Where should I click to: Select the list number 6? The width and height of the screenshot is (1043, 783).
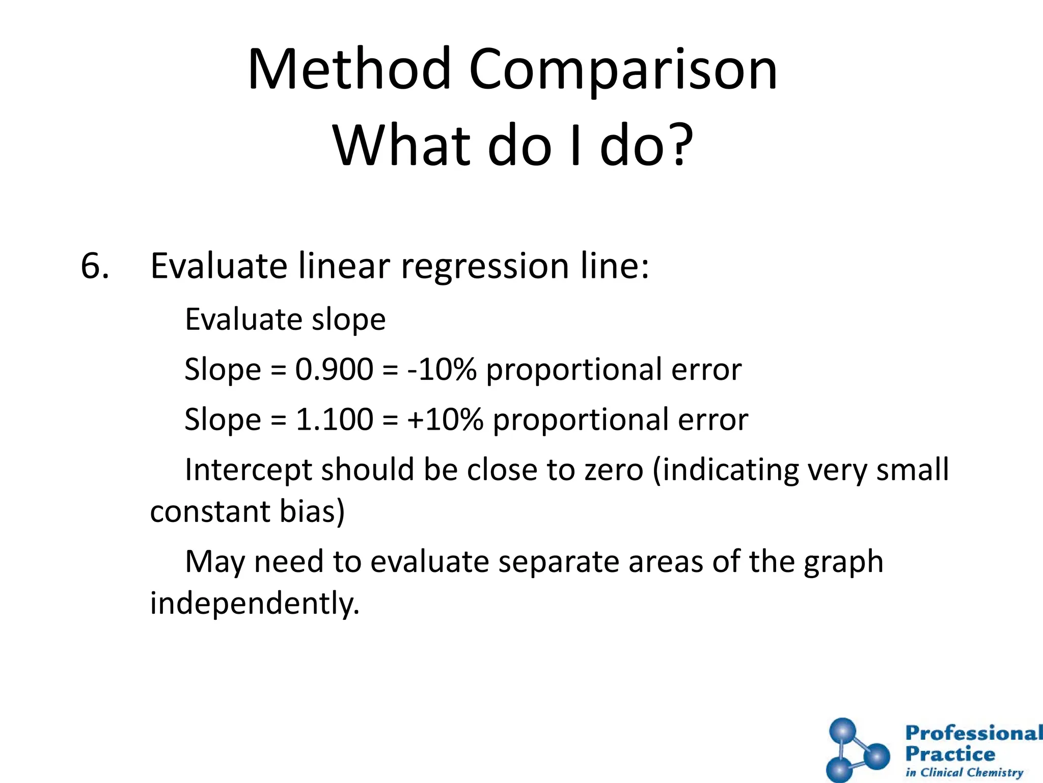pyautogui.click(x=95, y=266)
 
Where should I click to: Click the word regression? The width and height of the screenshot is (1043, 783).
pyautogui.click(x=484, y=266)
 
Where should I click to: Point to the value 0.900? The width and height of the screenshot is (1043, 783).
pyautogui.click(x=334, y=369)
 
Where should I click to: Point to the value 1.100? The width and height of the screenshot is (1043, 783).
pyautogui.click(x=334, y=419)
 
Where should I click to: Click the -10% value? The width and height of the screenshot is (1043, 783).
pyautogui.click(x=442, y=369)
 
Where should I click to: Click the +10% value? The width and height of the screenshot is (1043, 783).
pyautogui.click(x=445, y=419)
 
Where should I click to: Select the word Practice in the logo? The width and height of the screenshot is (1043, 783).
pyautogui.click(x=950, y=754)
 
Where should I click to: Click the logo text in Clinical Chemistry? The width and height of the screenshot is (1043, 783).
pyautogui.click(x=964, y=772)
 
